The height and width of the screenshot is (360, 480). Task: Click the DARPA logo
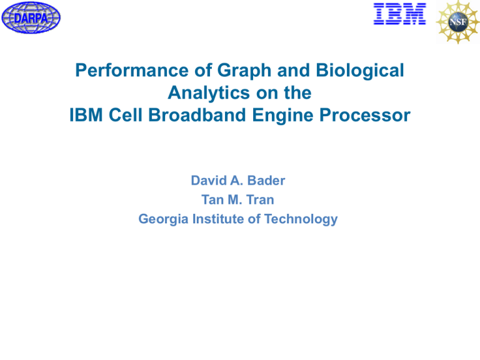click(31, 17)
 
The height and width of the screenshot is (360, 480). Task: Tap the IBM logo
click(399, 14)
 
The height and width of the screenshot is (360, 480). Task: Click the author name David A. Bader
click(239, 181)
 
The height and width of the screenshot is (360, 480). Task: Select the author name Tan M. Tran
click(239, 200)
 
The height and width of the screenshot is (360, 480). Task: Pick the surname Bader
click(270, 181)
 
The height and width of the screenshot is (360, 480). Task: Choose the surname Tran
click(261, 200)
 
